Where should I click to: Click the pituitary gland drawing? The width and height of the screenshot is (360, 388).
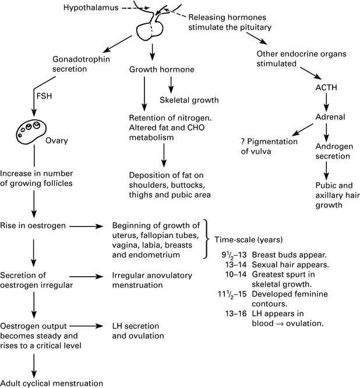[x=150, y=31]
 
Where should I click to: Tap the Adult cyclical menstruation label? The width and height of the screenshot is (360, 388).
[x=51, y=383]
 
